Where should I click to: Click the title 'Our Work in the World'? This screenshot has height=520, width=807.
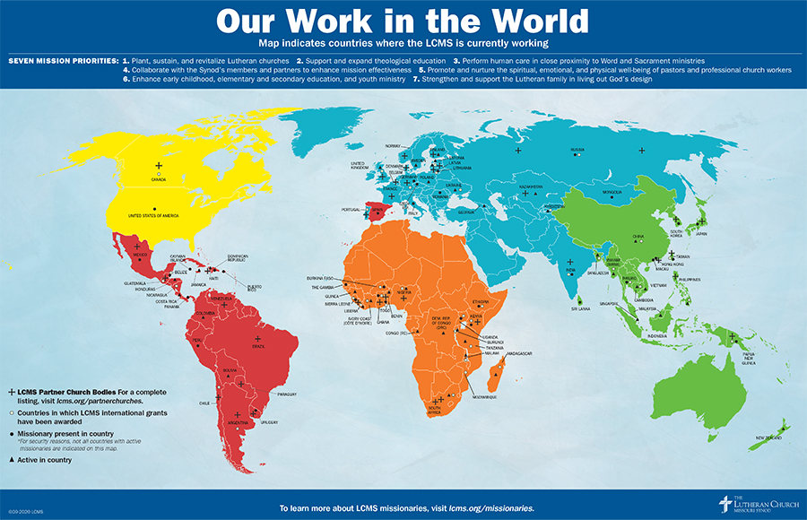click(x=403, y=21)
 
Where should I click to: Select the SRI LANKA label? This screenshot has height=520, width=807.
click(x=580, y=308)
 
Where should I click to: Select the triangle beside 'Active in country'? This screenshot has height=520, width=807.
click(x=12, y=460)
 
